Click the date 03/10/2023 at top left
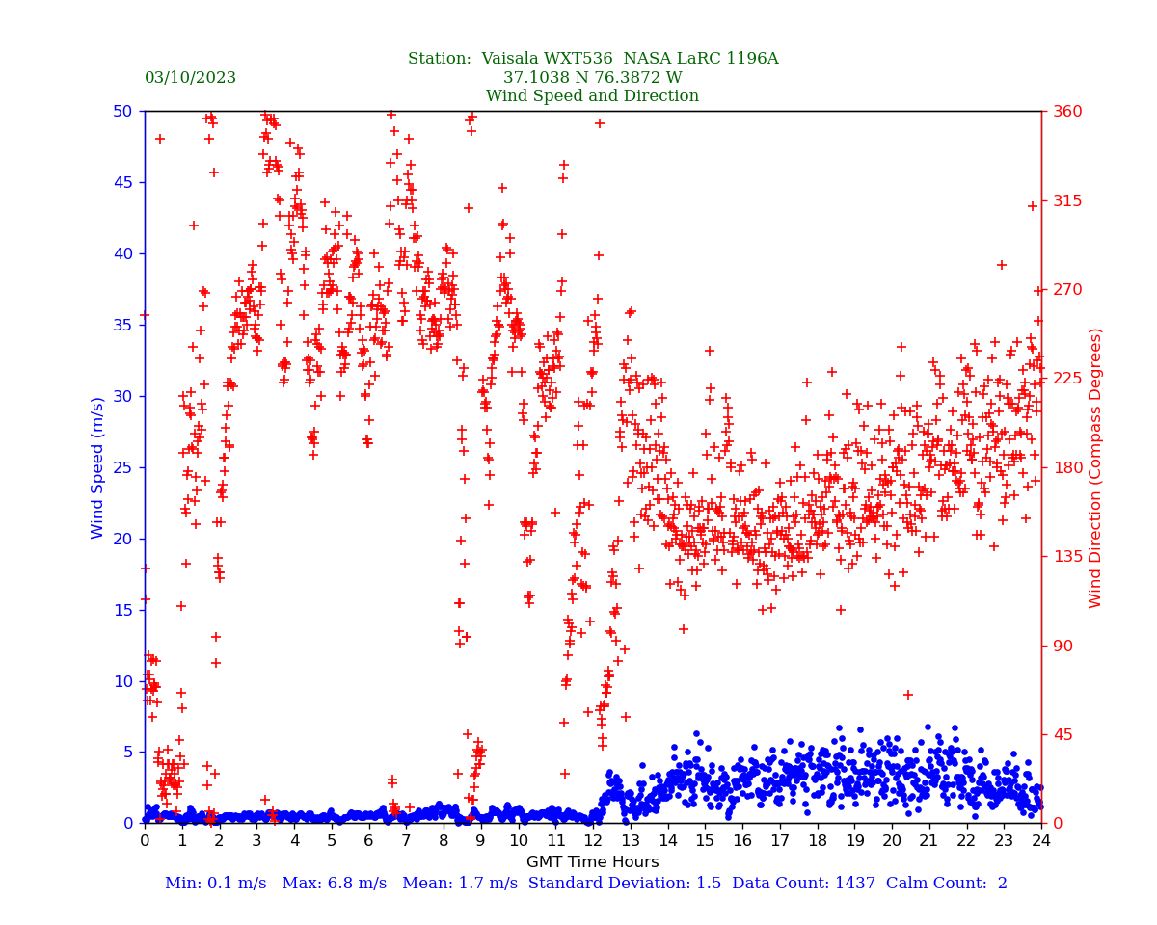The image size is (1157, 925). tap(190, 78)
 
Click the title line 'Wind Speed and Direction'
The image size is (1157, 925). tap(592, 96)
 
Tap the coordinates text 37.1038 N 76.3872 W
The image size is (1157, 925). tap(592, 78)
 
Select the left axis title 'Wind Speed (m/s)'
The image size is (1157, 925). tap(98, 467)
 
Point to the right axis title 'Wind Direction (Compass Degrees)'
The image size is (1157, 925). tap(1095, 467)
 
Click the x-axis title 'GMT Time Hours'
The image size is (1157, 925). tap(592, 862)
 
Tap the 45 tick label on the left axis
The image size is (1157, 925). tap(122, 182)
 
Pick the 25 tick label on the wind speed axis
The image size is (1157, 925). tap(122, 467)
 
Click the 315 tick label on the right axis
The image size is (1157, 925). tap(1066, 200)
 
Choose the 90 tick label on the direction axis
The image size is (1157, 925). tap(1062, 646)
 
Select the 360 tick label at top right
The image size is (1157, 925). tap(1066, 112)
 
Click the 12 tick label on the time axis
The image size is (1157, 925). tap(593, 841)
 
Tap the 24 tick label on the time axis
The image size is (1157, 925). tap(1041, 841)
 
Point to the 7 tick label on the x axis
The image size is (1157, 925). tap(406, 841)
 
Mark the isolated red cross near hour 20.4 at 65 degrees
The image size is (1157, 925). tap(907, 695)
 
